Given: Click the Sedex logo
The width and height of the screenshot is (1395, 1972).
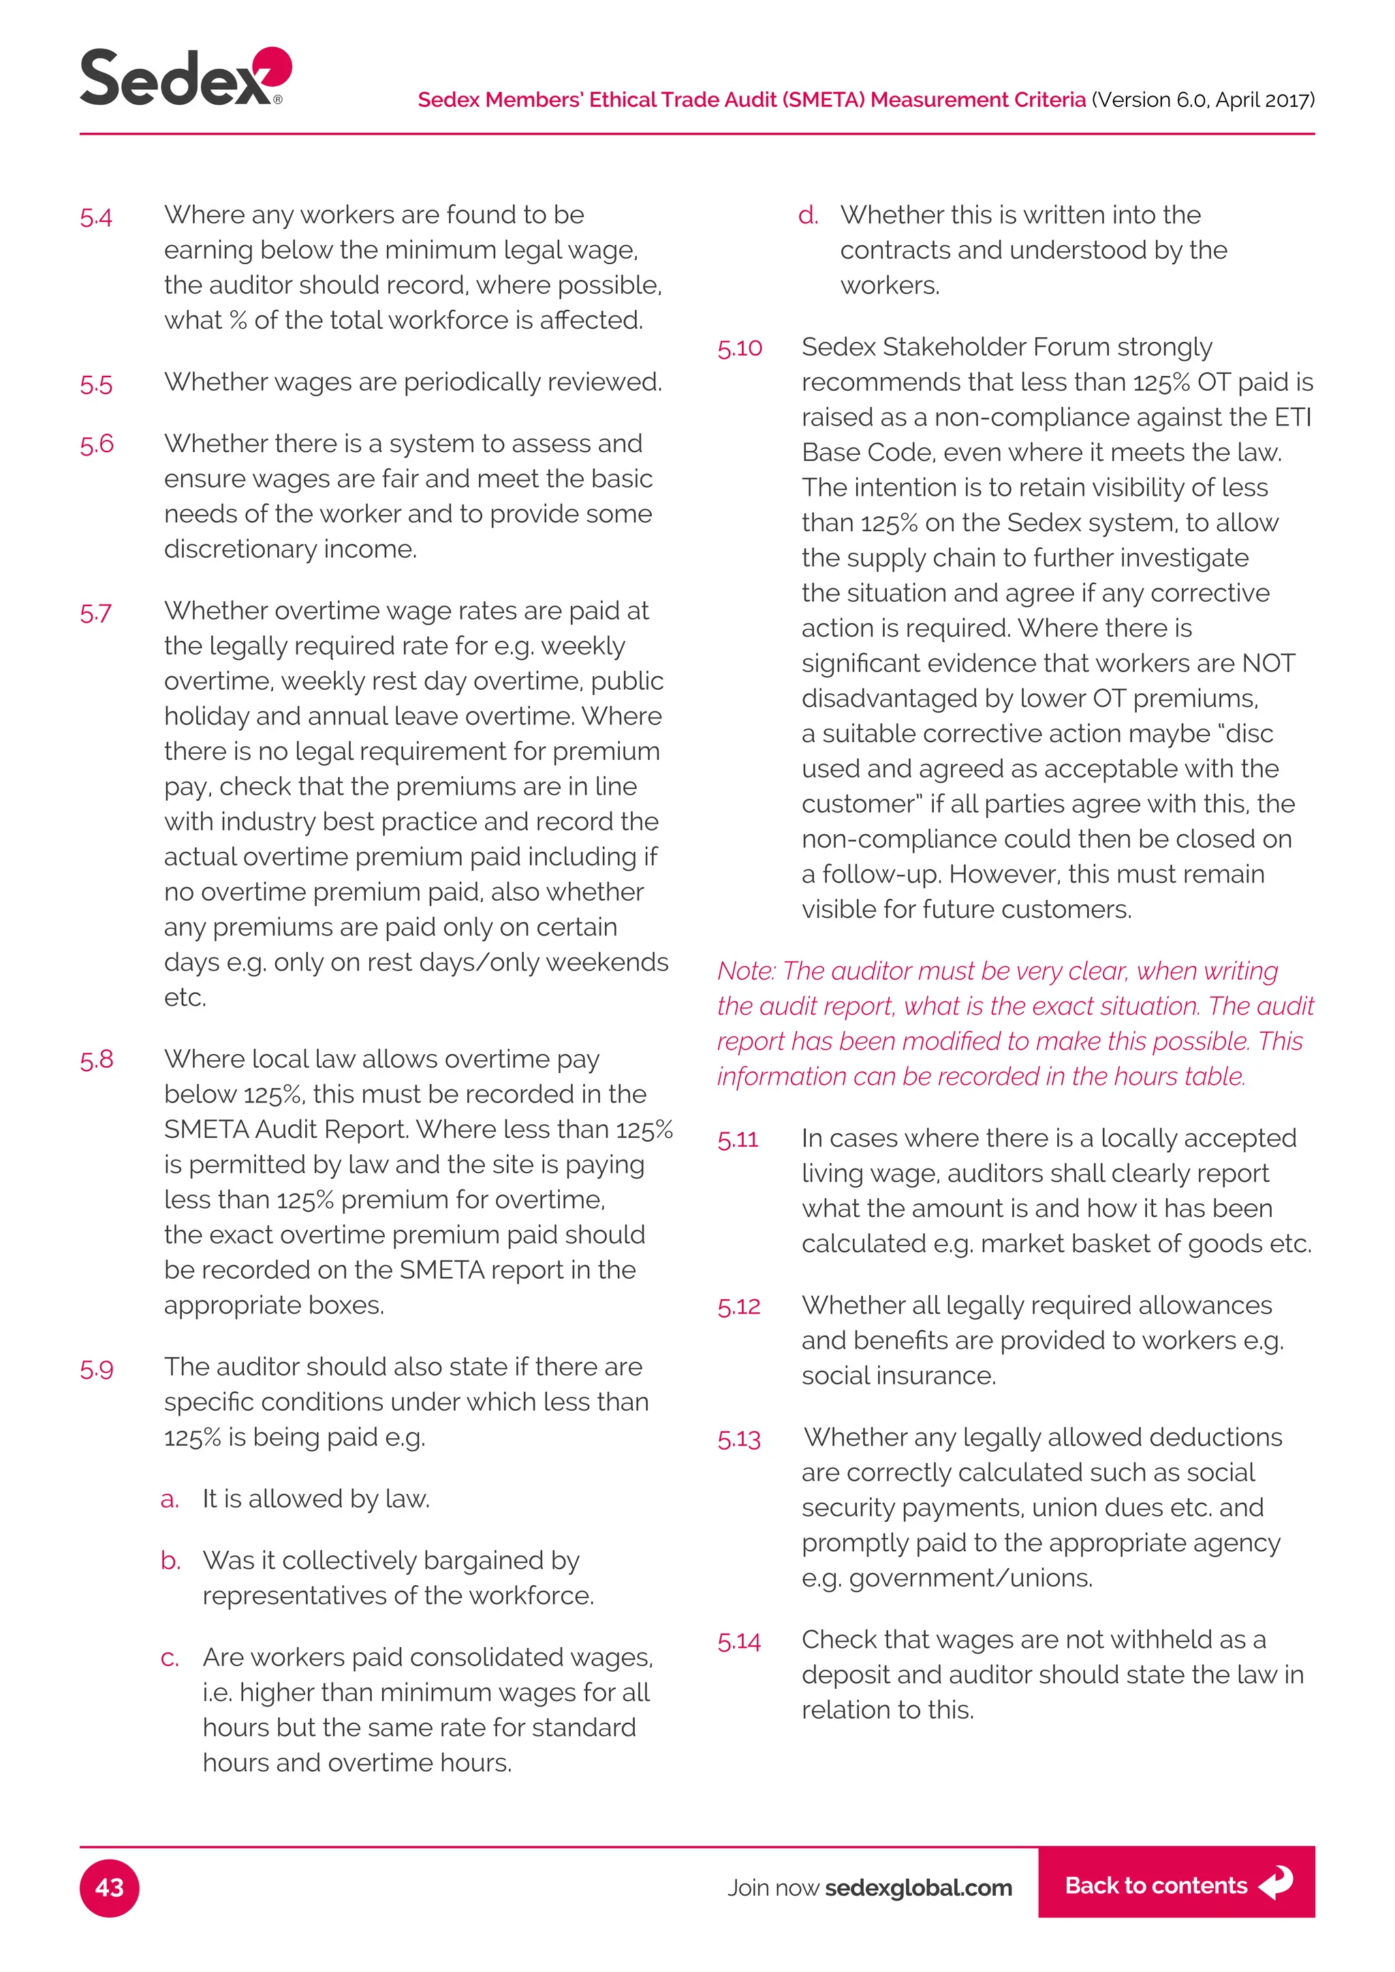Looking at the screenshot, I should [185, 78].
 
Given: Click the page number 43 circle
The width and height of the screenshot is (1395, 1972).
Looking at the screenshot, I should [109, 1887].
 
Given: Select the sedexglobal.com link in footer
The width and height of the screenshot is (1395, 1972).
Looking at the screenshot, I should [918, 1887].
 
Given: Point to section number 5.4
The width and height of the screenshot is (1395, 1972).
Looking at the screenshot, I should [96, 217].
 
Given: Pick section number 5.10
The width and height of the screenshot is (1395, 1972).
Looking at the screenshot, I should [740, 348].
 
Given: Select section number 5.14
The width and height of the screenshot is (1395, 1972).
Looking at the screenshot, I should [739, 1641].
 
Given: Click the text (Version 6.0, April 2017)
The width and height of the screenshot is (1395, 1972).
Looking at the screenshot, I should [1203, 99].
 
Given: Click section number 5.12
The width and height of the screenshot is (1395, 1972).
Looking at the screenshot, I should [739, 1306].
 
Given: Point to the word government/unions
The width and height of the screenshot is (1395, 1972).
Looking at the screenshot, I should [970, 1578].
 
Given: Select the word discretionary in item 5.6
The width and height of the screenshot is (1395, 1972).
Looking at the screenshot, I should [232, 549].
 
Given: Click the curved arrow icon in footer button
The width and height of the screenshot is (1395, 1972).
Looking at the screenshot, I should [1276, 1883].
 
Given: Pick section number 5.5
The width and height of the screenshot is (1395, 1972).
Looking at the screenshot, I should [96, 384].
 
